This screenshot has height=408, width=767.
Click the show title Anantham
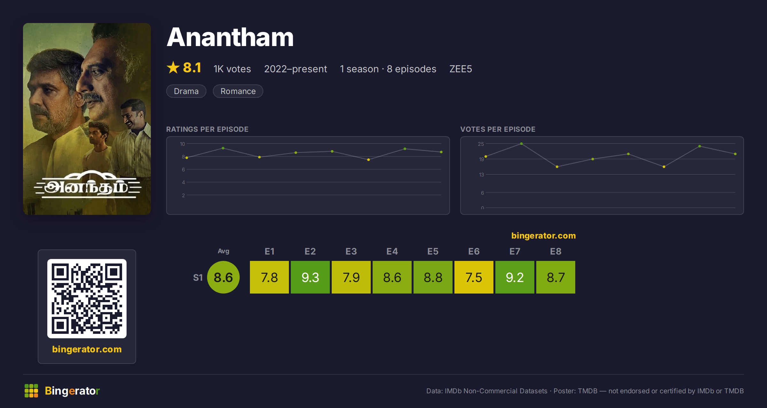click(230, 37)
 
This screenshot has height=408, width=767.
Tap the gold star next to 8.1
click(173, 67)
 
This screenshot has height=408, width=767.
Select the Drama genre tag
click(186, 91)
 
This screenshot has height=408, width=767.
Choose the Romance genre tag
click(238, 91)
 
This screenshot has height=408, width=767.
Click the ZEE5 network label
click(461, 69)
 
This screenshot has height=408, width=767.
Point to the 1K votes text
click(232, 69)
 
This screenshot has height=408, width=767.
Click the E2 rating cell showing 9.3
click(310, 277)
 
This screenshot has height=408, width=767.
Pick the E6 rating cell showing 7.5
click(474, 277)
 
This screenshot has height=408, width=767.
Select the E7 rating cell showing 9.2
click(515, 277)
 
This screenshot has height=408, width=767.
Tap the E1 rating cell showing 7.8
click(269, 277)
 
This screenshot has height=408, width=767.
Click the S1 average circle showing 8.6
click(223, 277)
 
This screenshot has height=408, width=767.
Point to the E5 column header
click(433, 251)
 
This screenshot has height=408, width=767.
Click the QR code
click(87, 299)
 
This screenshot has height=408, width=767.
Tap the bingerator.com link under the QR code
click(87, 349)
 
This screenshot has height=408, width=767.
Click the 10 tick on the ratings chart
click(182, 144)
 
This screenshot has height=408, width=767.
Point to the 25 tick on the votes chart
click(481, 144)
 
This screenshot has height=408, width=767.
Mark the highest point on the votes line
click(521, 144)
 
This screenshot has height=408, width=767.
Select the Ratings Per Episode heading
click(207, 129)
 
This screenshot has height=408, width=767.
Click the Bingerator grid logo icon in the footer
click(31, 391)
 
